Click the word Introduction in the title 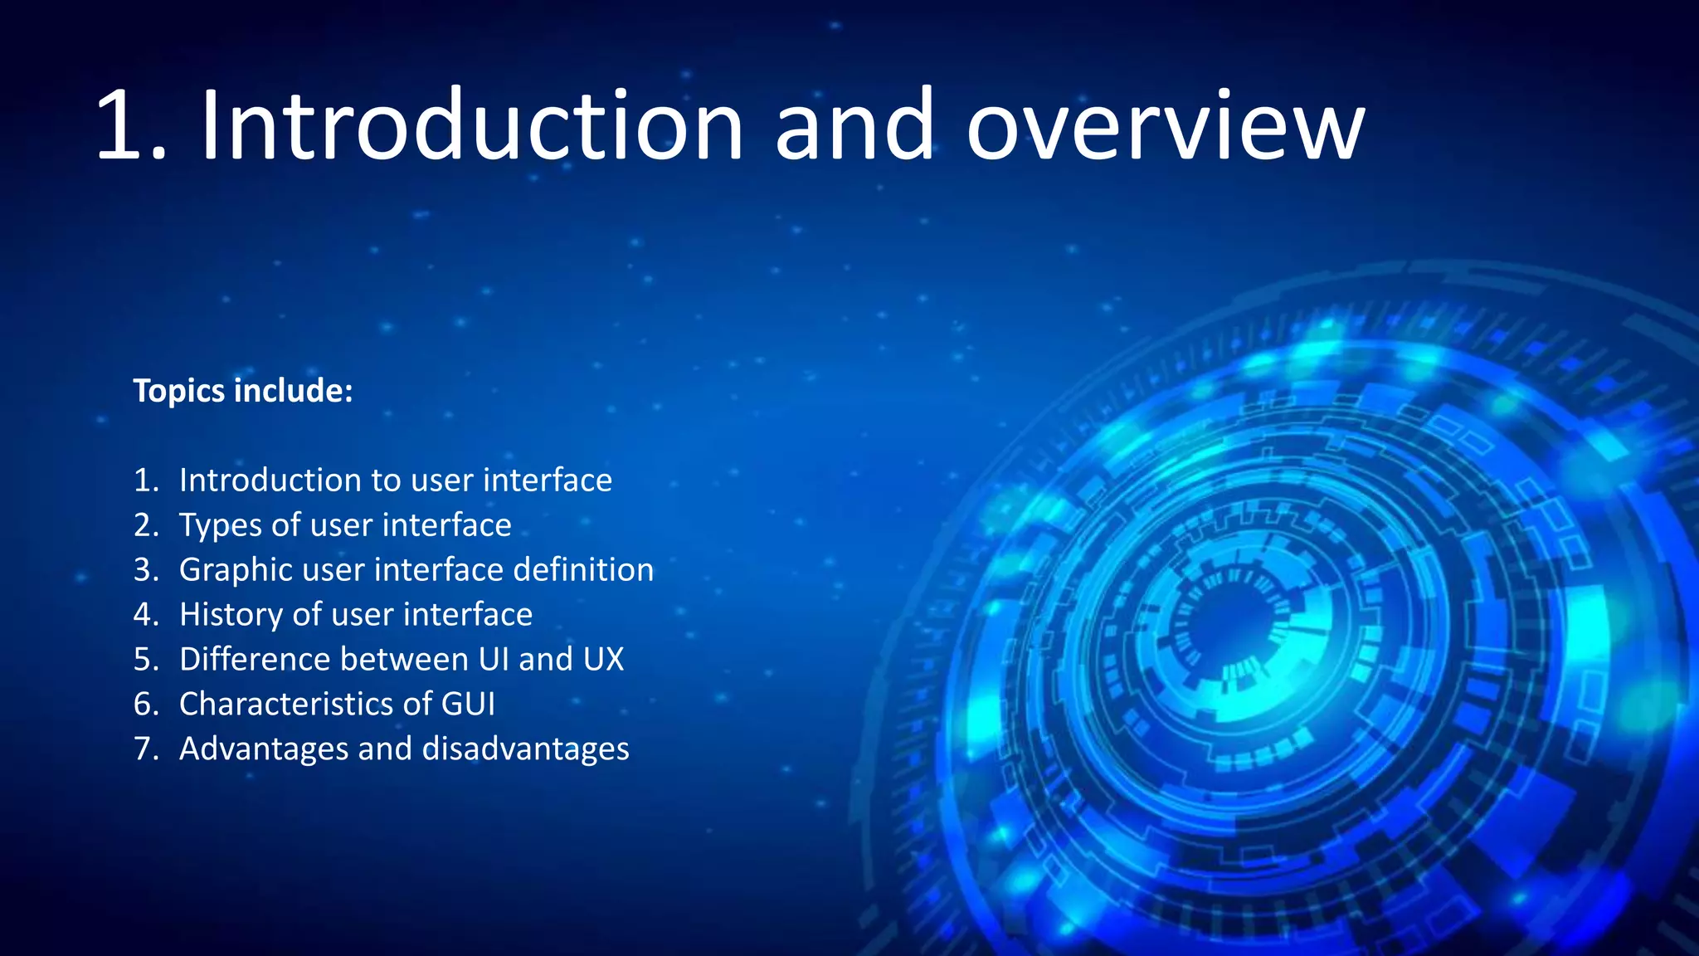(471, 126)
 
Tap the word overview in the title (1165, 126)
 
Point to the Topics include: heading (243, 391)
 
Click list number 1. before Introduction (146, 480)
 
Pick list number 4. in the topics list (146, 615)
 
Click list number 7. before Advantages (146, 749)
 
